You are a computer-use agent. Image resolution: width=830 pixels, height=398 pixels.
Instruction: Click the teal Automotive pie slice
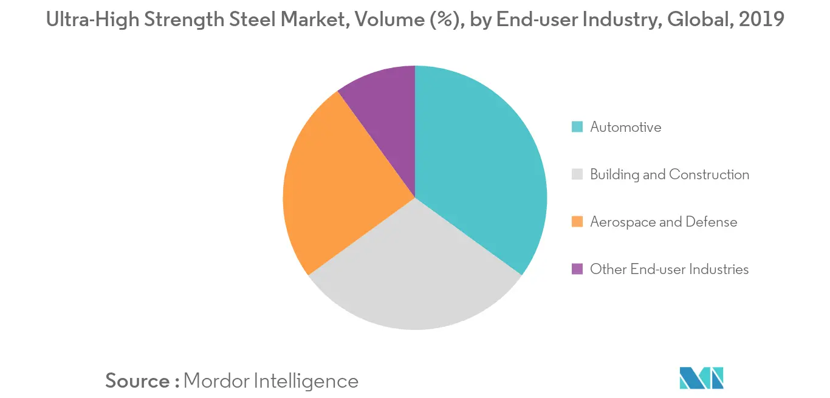[478, 163]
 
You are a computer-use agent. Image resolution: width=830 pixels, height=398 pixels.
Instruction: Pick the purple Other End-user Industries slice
[385, 111]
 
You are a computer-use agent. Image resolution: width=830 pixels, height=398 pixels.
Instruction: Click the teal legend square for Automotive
[577, 127]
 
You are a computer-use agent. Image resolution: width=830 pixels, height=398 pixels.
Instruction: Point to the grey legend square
[577, 174]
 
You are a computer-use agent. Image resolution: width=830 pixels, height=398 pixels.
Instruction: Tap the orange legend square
[577, 222]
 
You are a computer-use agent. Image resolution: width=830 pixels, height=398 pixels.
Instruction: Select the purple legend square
[577, 269]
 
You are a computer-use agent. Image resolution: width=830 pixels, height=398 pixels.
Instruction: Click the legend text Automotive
[625, 127]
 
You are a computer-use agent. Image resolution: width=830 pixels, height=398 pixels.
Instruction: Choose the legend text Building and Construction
[670, 174]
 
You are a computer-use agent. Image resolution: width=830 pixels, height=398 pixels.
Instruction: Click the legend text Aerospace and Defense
[664, 222]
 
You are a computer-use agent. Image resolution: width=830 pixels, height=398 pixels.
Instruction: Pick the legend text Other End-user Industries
[669, 269]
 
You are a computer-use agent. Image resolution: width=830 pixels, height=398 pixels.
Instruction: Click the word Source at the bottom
[137, 381]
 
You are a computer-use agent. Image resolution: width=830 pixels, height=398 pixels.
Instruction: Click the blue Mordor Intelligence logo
[701, 378]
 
